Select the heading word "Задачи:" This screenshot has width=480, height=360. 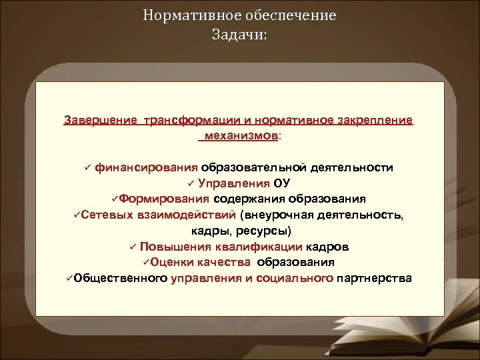(x=239, y=34)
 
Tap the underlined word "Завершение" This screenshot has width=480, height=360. (x=99, y=121)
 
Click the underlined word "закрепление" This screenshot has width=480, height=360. (x=375, y=121)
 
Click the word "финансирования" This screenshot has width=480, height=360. (x=146, y=167)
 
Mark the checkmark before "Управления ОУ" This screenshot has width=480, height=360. (x=190, y=184)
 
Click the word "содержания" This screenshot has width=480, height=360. (x=244, y=199)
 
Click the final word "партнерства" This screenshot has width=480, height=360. (x=375, y=278)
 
